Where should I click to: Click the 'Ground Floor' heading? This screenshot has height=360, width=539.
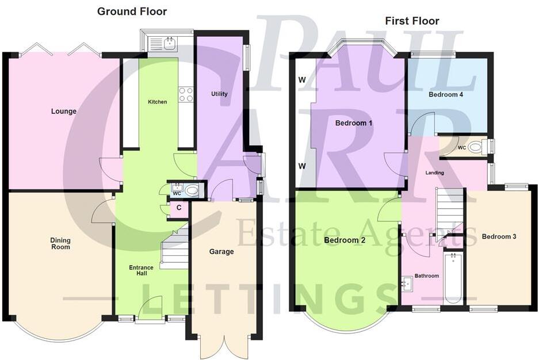tap(132, 11)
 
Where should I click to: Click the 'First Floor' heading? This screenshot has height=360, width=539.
tap(412, 21)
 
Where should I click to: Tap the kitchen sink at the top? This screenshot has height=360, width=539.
tap(169, 42)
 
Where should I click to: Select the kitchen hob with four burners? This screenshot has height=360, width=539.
tap(186, 94)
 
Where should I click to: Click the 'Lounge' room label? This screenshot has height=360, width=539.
tap(64, 111)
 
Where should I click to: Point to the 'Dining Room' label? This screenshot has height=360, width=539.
tap(60, 243)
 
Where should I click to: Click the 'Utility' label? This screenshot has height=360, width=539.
tap(219, 94)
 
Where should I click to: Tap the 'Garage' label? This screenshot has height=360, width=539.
tap(221, 251)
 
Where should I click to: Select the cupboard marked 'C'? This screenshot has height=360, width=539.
tap(179, 208)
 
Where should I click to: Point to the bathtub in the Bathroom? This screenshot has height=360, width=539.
tap(454, 278)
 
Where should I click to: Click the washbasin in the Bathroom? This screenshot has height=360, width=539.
tap(407, 282)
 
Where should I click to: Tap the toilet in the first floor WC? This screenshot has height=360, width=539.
tap(475, 147)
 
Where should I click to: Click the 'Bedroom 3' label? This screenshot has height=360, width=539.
tap(499, 236)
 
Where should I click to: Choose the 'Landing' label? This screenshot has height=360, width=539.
tap(434, 173)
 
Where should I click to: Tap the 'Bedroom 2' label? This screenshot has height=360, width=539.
tap(345, 240)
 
